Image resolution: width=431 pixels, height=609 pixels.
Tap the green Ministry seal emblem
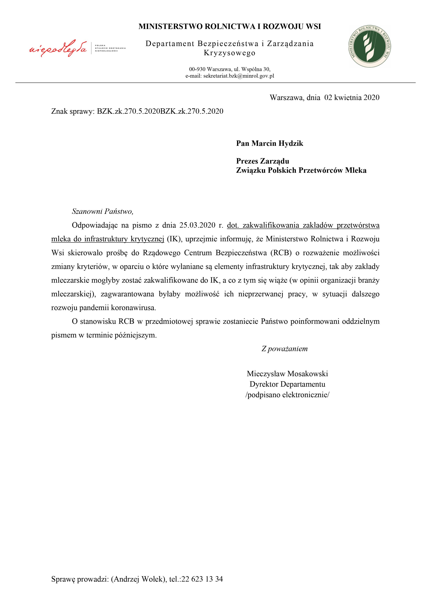coord(370,47)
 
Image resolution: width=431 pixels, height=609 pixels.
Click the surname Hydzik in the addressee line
coord(291,144)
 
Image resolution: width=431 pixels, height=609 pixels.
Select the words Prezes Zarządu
coord(262,161)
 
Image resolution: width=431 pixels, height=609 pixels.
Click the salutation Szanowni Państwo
coord(102,211)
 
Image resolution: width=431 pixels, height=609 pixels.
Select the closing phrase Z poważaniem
coord(285,349)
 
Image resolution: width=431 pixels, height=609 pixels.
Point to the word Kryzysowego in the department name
coord(229,53)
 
